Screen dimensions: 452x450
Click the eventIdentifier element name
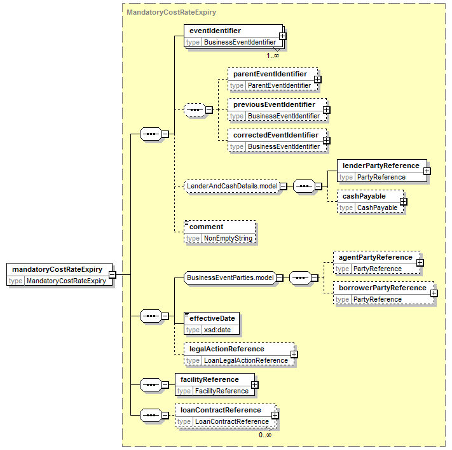pyautogui.click(x=215, y=31)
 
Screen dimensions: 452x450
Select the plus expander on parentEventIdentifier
pyautogui.click(x=317, y=79)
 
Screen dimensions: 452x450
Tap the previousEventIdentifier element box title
pyautogui.click(x=274, y=104)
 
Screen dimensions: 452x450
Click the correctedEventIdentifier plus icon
pyautogui.click(x=326, y=140)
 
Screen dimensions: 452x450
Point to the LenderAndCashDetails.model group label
pyautogui.click(x=232, y=186)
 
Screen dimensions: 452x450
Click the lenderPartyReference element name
pyautogui.click(x=381, y=165)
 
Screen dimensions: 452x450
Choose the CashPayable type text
pyautogui.click(x=377, y=208)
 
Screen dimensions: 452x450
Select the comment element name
pyautogui.click(x=206, y=227)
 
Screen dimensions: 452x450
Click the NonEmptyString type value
pyautogui.click(x=228, y=239)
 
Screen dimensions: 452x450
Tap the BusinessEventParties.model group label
pyautogui.click(x=230, y=278)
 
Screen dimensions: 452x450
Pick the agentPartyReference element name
pyautogui.click(x=375, y=258)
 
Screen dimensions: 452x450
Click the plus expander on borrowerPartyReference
pyautogui.click(x=434, y=293)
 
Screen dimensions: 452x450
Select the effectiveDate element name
pyautogui.click(x=212, y=318)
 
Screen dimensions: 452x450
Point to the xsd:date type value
pyautogui.click(x=217, y=330)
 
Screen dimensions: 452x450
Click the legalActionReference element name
pyautogui.click(x=226, y=349)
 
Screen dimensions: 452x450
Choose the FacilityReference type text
pyautogui.click(x=222, y=391)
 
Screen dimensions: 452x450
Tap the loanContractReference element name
pyautogui.click(x=221, y=410)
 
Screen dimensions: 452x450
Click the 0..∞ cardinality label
pyautogui.click(x=265, y=435)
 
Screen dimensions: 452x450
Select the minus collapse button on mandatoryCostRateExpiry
pyautogui.click(x=112, y=274)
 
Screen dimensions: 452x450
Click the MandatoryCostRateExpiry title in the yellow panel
pyautogui.click(x=171, y=13)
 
